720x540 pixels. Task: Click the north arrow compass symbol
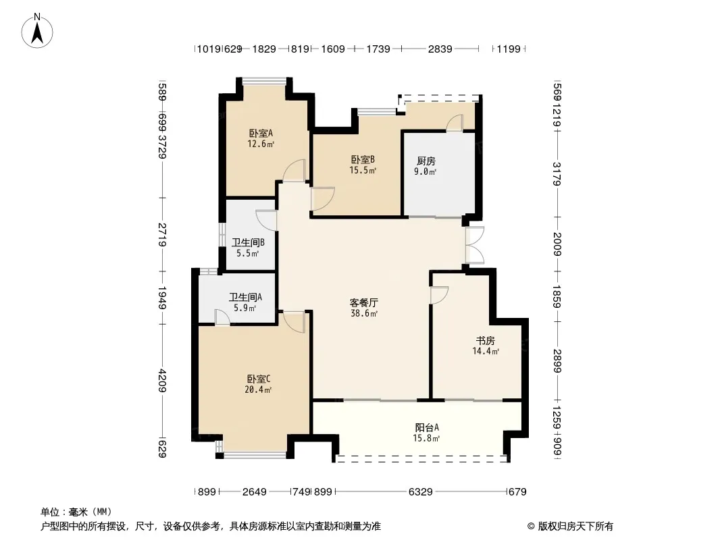coord(37,31)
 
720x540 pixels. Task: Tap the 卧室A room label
coord(261,134)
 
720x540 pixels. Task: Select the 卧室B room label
coord(363,160)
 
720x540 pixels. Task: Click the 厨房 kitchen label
coord(426,161)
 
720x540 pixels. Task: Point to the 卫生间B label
coord(248,243)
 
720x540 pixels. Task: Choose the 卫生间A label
coord(245,298)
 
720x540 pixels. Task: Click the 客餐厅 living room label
coord(363,303)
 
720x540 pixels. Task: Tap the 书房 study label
coord(486,341)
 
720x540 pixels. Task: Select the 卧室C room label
coord(259,379)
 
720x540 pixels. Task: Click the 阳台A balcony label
coord(427,427)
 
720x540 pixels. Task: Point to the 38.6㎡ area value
coord(363,314)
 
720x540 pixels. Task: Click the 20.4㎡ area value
coord(258,390)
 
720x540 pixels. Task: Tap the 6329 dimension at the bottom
coord(421,492)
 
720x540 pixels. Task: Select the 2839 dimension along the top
coord(440,49)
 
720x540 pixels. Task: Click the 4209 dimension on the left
coord(161,381)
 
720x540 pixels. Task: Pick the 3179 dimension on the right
coord(557,173)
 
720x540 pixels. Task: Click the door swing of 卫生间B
coord(266,220)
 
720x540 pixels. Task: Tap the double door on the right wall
coord(474,245)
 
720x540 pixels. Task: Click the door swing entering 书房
coord(439,295)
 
